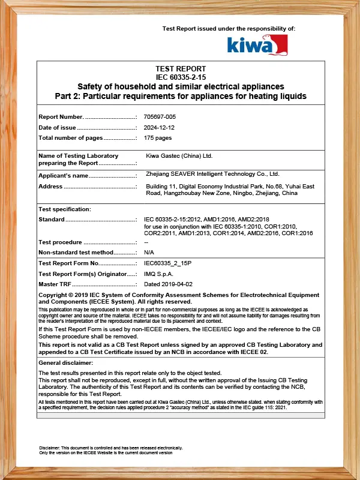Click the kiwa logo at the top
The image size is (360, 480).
257,44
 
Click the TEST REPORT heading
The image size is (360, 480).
181,69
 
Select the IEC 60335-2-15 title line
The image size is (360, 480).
181,77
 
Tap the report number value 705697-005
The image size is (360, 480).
160,116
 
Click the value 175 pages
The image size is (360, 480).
158,138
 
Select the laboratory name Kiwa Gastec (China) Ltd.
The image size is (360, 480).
179,156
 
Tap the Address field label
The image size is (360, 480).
50,187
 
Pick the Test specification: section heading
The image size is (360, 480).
65,209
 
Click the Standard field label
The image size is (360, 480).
52,220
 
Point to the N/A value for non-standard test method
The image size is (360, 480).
149,253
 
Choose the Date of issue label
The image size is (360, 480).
57,127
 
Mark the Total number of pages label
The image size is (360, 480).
70,138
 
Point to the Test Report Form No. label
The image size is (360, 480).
68,263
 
